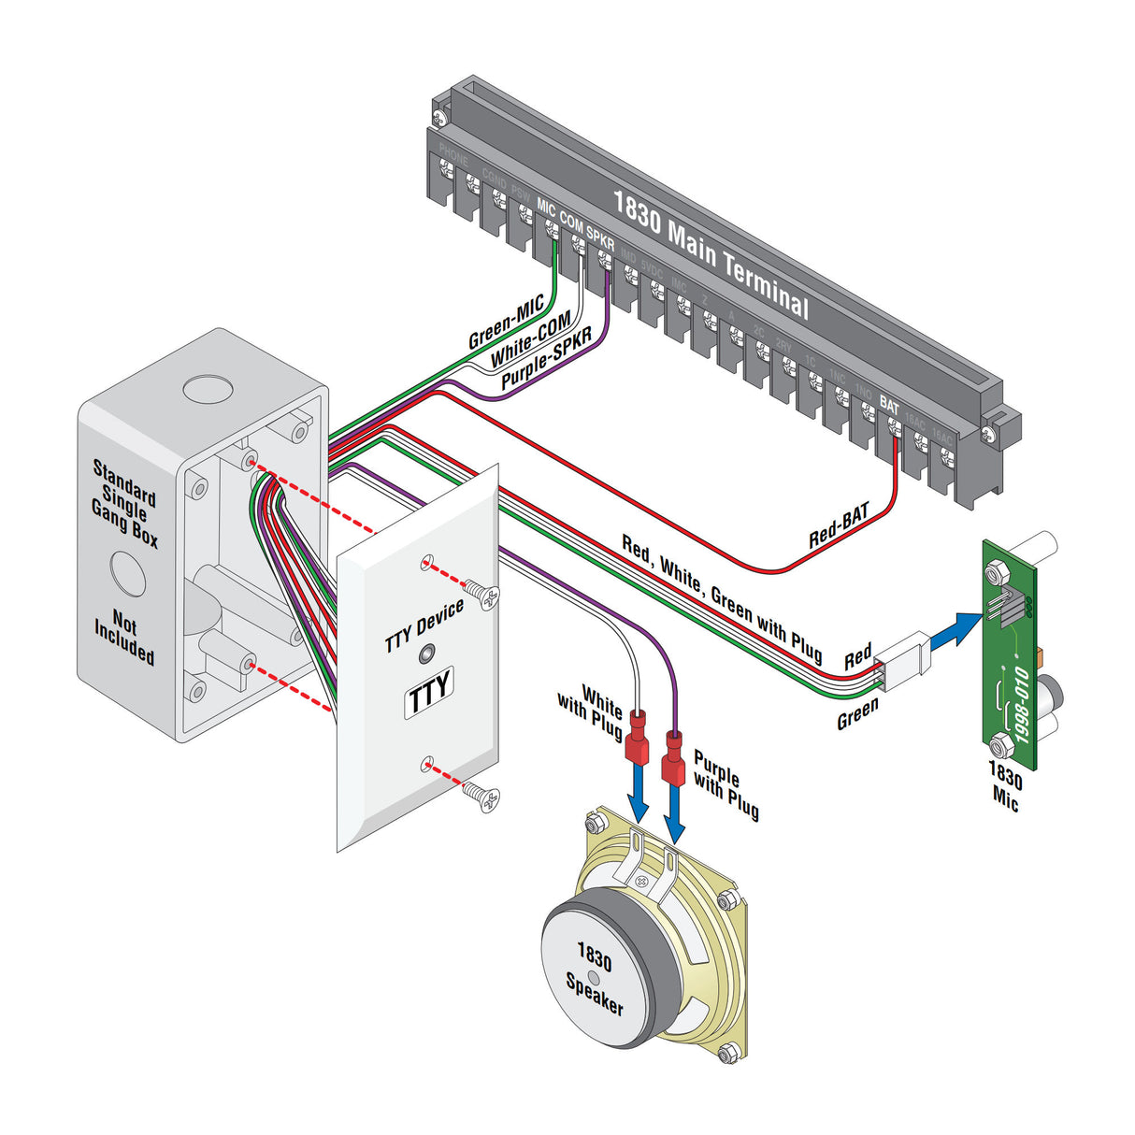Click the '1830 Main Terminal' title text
pyautogui.click(x=711, y=253)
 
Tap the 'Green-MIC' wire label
pyautogui.click(x=506, y=323)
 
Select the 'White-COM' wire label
pyautogui.click(x=530, y=341)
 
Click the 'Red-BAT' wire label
pyautogui.click(x=839, y=525)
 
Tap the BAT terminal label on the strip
pyautogui.click(x=889, y=408)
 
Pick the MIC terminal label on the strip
pyautogui.click(x=546, y=208)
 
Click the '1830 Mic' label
pyautogui.click(x=1005, y=786)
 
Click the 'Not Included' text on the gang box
pyautogui.click(x=123, y=637)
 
